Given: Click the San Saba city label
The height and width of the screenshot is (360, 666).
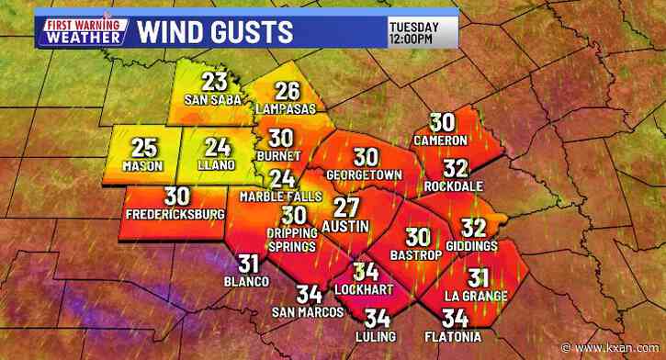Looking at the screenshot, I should (x=213, y=100).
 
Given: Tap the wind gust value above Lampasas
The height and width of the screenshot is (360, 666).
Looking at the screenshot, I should (x=288, y=92).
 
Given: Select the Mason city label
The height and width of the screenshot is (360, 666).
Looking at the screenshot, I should (x=142, y=166).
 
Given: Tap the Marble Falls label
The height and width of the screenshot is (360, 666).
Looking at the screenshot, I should (x=281, y=197).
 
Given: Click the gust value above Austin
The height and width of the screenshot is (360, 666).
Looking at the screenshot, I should (x=345, y=207).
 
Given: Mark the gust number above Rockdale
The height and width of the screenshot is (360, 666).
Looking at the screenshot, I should (x=455, y=168).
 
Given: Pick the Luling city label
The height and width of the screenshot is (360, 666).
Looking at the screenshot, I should (x=377, y=338).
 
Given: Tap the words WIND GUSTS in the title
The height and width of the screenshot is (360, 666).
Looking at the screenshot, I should (x=216, y=32).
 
